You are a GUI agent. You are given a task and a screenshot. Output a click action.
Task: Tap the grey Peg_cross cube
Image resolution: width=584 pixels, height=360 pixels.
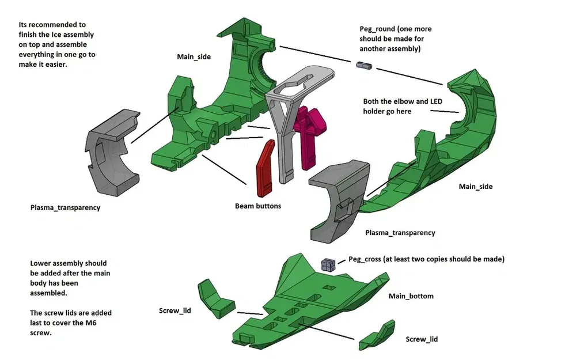[x=328, y=264]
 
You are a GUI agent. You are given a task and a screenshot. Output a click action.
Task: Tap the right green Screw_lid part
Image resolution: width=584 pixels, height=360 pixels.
[x=377, y=335]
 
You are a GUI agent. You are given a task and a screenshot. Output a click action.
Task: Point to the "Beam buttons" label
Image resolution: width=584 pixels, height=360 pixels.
[x=258, y=206]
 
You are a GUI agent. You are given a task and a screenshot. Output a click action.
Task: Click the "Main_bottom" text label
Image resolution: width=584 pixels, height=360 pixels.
[x=411, y=296]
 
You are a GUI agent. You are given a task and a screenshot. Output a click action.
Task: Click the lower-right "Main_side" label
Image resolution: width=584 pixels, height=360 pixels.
[x=476, y=187]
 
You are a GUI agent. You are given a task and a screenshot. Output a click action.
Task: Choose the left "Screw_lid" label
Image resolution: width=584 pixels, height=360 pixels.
[x=175, y=311]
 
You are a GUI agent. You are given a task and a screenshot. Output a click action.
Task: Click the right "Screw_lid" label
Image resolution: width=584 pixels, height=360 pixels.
[x=422, y=339]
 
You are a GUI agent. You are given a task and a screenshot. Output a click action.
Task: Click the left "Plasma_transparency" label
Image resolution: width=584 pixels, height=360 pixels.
[x=65, y=207]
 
